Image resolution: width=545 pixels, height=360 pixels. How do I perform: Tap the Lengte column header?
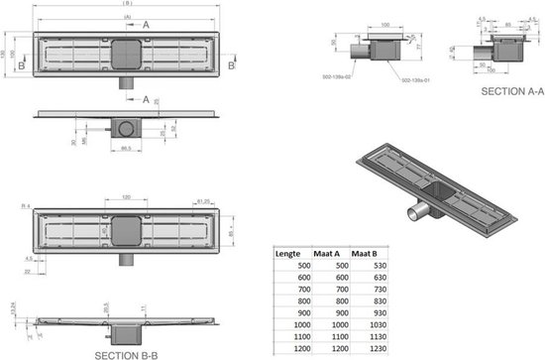click(287, 253)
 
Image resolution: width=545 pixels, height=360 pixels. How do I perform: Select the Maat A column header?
click(327, 253)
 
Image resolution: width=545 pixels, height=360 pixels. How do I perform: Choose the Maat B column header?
click(367, 253)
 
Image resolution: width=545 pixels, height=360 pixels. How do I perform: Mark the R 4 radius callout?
click(25, 205)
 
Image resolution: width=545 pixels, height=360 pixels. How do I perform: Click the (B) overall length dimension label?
click(127, 7)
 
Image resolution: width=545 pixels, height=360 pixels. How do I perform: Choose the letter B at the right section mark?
click(231, 64)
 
